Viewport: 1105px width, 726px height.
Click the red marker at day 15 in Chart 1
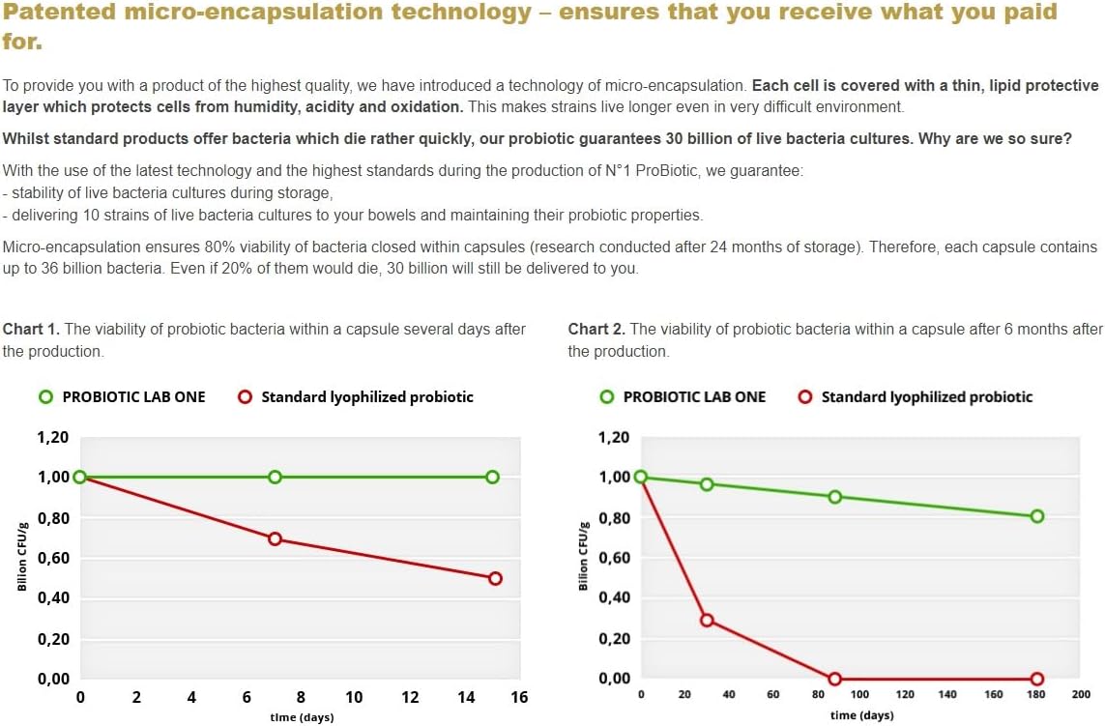(x=495, y=578)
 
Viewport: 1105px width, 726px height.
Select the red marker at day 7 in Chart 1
(x=275, y=538)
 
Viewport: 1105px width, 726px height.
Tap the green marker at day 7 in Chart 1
(x=275, y=477)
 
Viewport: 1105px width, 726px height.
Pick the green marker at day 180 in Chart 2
(x=1037, y=516)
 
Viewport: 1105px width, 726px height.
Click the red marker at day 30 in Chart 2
(x=707, y=620)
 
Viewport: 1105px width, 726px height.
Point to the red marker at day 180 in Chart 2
(x=1037, y=679)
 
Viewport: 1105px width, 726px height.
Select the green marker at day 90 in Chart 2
(x=835, y=497)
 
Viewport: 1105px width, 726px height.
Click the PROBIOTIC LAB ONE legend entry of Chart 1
(x=122, y=396)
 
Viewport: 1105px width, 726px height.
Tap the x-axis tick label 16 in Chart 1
(x=519, y=697)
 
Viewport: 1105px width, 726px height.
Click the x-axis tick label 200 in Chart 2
(x=1081, y=694)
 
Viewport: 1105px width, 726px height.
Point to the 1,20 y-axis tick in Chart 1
(x=53, y=438)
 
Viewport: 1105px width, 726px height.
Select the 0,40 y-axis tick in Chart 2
(x=614, y=598)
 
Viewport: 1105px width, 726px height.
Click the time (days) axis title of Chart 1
(x=303, y=717)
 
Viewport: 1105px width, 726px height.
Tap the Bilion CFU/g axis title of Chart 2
(x=583, y=557)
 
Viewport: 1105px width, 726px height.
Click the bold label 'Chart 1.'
(x=31, y=330)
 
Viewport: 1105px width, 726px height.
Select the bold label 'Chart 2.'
(x=596, y=330)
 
